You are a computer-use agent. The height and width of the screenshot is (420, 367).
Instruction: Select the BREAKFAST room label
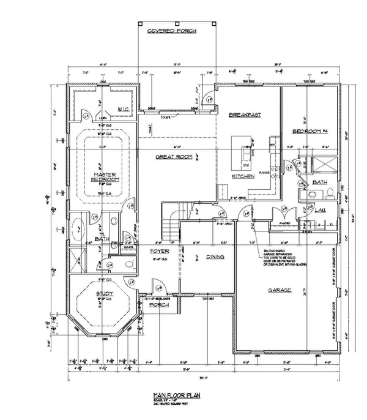[x=245, y=114]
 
